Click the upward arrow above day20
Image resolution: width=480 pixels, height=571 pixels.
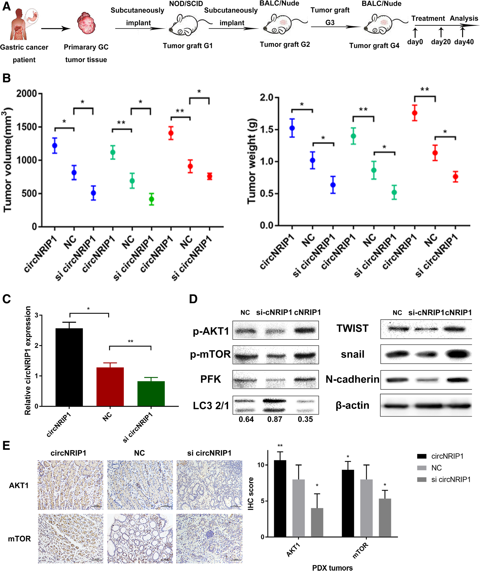441,32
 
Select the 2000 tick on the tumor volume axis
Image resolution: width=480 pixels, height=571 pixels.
26,94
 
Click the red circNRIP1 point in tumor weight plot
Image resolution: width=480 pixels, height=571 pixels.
415,113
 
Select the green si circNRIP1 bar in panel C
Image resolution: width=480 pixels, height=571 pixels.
151,393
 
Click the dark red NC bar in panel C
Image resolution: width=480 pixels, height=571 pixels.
110,387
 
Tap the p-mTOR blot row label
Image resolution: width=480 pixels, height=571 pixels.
210,354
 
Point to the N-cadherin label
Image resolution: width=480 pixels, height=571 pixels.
352,379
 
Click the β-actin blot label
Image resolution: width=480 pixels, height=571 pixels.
352,405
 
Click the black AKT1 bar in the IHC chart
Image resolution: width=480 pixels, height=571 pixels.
280,499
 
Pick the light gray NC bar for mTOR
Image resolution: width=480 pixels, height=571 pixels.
366,508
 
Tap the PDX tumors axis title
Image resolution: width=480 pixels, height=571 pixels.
332,568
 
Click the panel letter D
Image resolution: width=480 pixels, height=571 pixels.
193,299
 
